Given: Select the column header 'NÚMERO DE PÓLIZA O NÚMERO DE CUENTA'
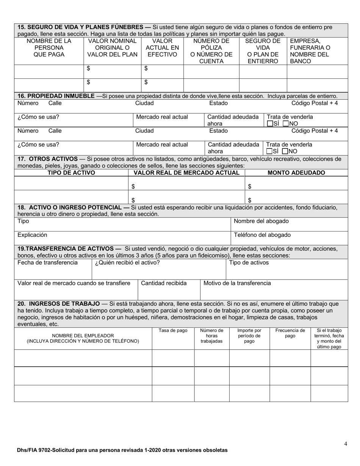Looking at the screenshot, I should tap(211, 51).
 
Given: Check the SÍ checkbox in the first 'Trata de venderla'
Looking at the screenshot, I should tap(269, 124).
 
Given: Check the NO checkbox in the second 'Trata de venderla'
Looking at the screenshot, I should tap(285, 152).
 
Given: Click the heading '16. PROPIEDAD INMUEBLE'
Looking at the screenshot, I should tap(56, 96).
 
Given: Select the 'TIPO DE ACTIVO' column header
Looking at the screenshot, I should tap(71, 173).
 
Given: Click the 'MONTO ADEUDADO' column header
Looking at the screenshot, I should tap(296, 173).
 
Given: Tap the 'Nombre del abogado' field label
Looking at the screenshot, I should tap(261, 221).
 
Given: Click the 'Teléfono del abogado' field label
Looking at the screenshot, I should tap(262, 235).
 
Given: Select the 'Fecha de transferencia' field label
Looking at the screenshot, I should tap(47, 263).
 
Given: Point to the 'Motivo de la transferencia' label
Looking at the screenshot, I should tap(237, 283).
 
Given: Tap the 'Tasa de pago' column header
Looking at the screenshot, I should tap(173, 330).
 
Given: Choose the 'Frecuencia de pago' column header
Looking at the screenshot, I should tap(290, 333).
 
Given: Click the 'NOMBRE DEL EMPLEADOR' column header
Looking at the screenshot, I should tap(83, 336).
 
